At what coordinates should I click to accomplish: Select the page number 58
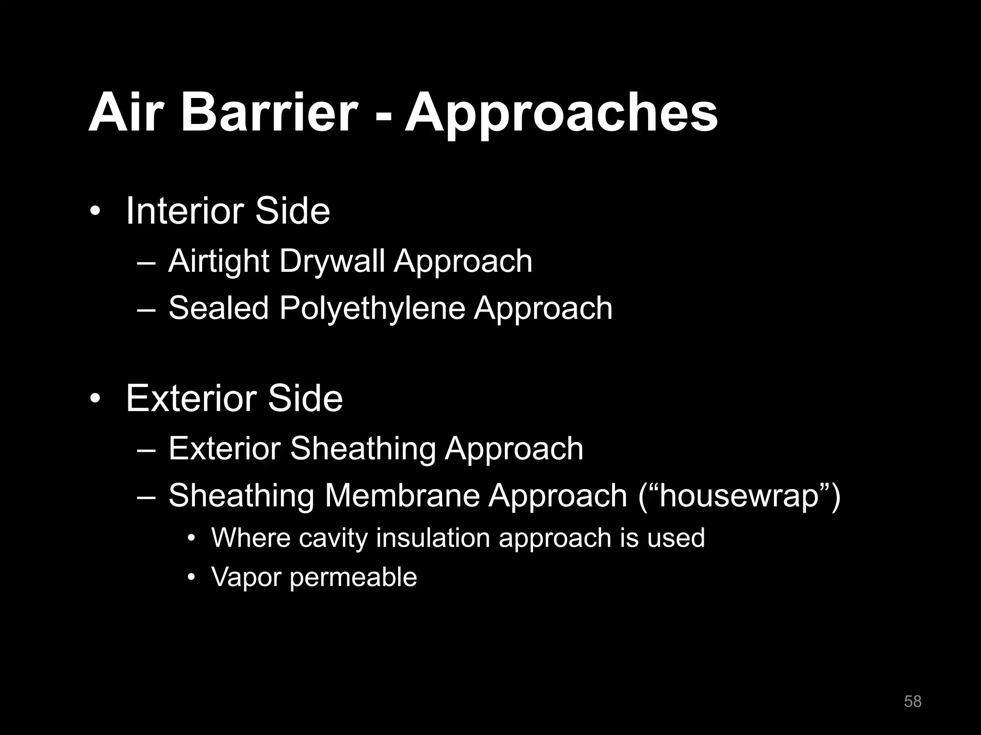coord(913,701)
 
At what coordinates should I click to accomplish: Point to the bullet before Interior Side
coord(95,212)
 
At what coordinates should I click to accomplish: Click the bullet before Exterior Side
coord(95,399)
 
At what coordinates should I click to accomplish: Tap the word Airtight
coord(218,262)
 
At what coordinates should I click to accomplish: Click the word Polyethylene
coord(372,308)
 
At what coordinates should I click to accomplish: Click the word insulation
coord(433,537)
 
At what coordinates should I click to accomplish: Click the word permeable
coord(354,578)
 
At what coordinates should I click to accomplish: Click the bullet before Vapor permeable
coord(192,578)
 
